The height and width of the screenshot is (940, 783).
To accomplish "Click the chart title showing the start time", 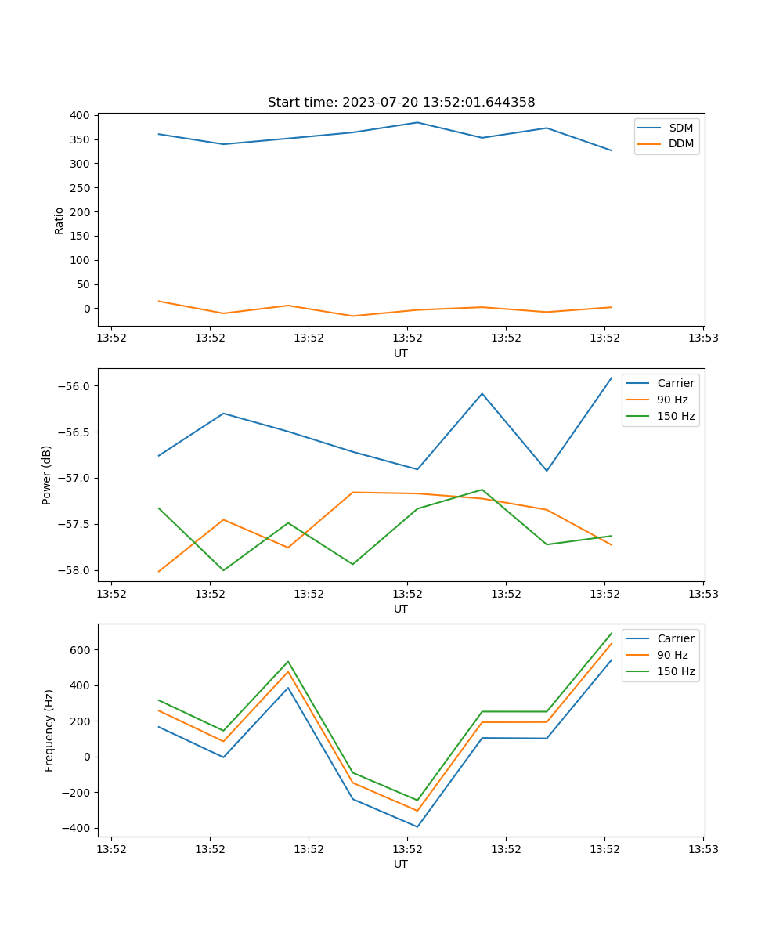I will tap(401, 103).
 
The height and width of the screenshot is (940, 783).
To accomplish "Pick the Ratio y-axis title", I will tap(60, 220).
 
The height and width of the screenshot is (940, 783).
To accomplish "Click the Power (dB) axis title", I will tap(47, 475).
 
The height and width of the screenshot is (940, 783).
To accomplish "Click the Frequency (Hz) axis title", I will tap(49, 730).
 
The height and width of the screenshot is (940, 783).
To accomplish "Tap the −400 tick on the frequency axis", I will tap(76, 828).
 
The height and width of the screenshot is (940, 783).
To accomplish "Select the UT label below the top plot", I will tap(401, 353).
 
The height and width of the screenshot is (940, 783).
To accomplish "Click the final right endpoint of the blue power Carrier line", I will tap(612, 378).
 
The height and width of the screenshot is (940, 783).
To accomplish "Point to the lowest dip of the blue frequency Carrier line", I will tap(417, 826).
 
